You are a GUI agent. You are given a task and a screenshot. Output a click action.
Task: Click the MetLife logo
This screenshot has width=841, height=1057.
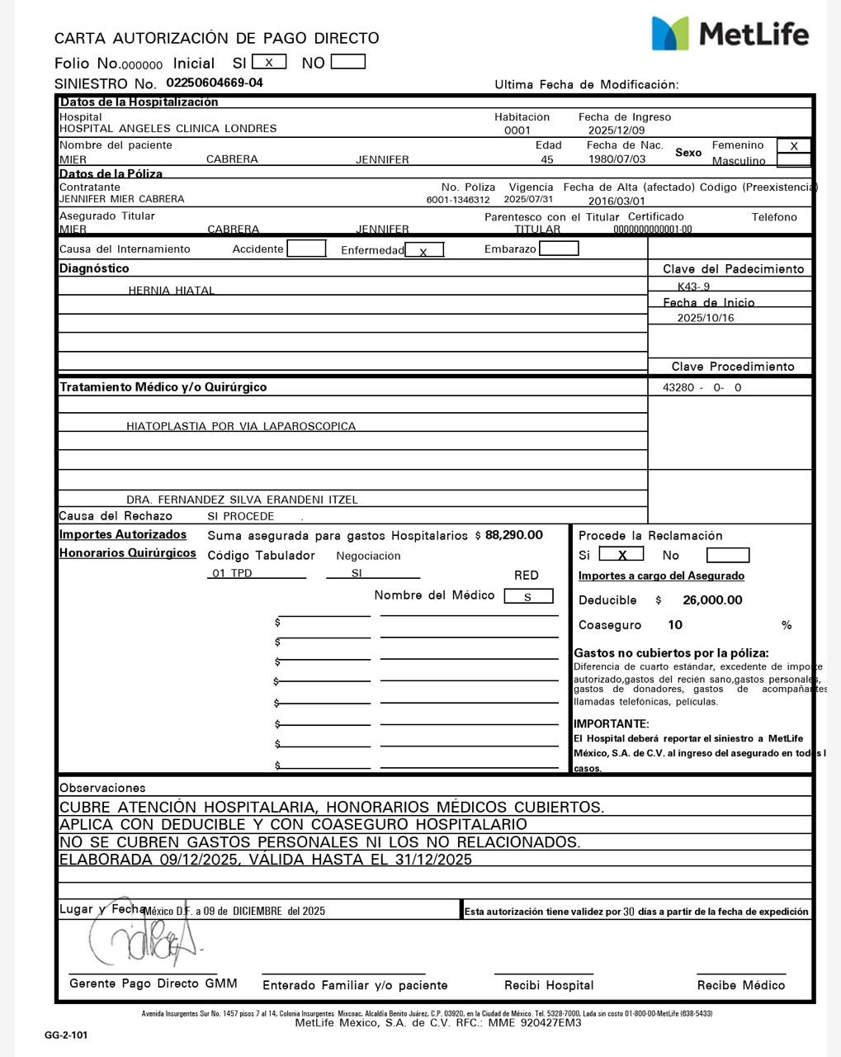pos(730,34)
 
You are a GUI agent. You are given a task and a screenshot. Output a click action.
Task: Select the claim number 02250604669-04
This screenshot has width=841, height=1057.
pos(215,83)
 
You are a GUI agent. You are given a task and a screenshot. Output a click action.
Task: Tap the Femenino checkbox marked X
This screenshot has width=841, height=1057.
pos(794,146)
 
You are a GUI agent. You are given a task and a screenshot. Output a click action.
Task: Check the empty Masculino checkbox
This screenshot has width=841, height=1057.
pos(794,160)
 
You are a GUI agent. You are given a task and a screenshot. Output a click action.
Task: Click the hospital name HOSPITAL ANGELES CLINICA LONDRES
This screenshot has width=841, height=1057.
pos(168,129)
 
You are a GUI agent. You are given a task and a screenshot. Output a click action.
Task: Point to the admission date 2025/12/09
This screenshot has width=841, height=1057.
pos(617,130)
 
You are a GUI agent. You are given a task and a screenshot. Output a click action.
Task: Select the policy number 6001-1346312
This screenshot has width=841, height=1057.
pos(457,200)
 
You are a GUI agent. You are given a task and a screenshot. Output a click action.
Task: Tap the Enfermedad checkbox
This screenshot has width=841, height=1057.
pos(424,250)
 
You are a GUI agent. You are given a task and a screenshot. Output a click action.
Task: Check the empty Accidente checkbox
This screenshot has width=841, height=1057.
pos(306,249)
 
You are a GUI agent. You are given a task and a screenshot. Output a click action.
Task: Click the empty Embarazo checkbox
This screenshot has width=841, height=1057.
pos(559,249)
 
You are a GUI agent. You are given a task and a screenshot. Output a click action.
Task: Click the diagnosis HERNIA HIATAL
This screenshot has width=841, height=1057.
pos(171,291)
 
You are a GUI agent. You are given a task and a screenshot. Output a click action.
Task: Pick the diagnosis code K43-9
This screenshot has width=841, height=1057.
pos(693,287)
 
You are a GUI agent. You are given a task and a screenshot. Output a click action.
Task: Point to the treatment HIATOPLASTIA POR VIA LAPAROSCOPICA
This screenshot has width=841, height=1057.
pos(241,427)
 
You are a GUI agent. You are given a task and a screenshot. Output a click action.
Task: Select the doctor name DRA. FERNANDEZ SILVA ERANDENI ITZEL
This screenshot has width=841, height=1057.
pos(242,500)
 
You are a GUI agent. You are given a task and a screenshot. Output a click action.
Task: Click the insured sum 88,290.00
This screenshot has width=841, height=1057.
pos(514,535)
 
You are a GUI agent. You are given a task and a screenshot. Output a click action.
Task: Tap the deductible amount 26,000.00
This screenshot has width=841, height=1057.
pos(712,600)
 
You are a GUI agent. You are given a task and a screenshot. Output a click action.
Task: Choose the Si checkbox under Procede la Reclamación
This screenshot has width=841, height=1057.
pos(621,555)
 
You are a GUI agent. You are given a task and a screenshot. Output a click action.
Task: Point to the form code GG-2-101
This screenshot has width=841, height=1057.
pos(66,1036)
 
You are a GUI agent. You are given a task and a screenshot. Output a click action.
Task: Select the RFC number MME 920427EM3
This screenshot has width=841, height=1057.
pos(540,1023)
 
